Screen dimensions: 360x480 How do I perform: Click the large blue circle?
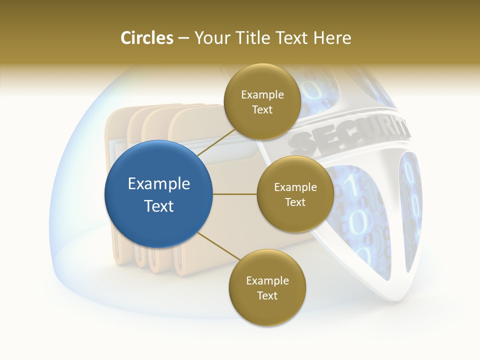(x=159, y=194)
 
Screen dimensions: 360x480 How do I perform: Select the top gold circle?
(x=262, y=101)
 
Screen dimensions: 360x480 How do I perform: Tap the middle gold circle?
(x=295, y=194)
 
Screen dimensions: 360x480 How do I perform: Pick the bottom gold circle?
(x=267, y=287)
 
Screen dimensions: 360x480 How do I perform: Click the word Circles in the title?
(x=147, y=38)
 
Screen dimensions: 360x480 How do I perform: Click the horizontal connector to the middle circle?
(x=235, y=194)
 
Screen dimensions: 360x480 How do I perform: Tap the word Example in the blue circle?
(x=159, y=183)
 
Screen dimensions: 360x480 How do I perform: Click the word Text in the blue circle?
(x=159, y=205)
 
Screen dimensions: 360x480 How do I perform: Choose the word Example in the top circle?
(x=262, y=94)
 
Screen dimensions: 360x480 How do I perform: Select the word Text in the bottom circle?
(x=267, y=295)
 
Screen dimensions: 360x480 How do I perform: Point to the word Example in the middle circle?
(x=295, y=187)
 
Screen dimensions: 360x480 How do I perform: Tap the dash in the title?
(x=183, y=38)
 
